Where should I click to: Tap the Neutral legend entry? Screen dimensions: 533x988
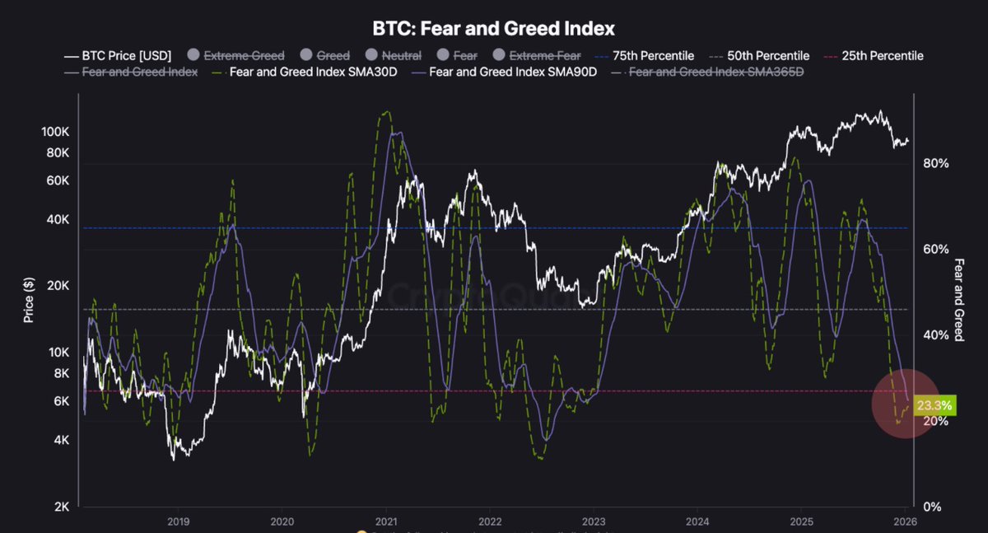pyautogui.click(x=394, y=56)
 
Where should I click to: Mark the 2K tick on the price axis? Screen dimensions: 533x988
pyautogui.click(x=61, y=507)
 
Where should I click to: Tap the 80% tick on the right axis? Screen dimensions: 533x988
pyautogui.click(x=936, y=163)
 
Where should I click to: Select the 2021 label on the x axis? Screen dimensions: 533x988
pyautogui.click(x=386, y=521)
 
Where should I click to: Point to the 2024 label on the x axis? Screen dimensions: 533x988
pyautogui.click(x=697, y=521)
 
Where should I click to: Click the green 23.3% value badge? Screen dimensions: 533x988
pyautogui.click(x=934, y=405)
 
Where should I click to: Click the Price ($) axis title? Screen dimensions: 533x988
pyautogui.click(x=29, y=298)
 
